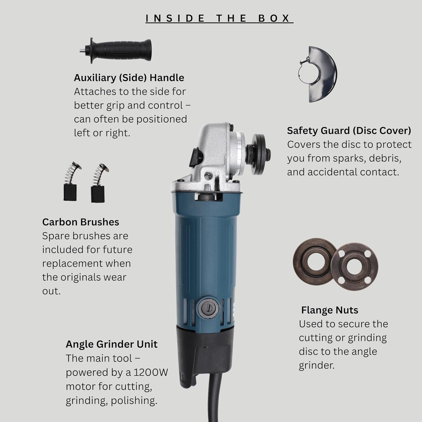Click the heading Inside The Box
[x=219, y=18]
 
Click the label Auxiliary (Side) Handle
[x=129, y=78]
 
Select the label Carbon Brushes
[x=80, y=222]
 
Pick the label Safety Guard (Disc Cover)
[x=349, y=131]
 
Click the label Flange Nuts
[x=329, y=310]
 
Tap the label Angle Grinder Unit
[x=111, y=344]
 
